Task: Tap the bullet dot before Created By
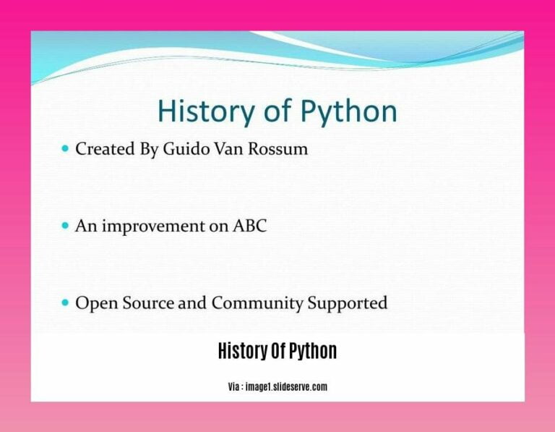click(x=65, y=148)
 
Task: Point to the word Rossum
click(x=277, y=148)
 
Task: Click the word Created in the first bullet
click(x=105, y=148)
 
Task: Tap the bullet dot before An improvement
click(x=65, y=225)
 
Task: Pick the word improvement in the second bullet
click(x=153, y=226)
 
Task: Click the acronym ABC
click(x=249, y=226)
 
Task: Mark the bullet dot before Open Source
click(x=65, y=302)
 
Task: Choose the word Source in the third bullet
click(x=148, y=303)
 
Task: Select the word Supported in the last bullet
click(x=347, y=304)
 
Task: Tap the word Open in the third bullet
click(x=96, y=304)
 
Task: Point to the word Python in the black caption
click(x=313, y=352)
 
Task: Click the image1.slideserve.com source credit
click(x=286, y=386)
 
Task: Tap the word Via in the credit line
click(x=233, y=386)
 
